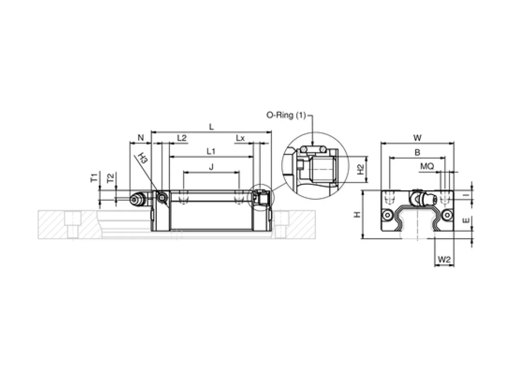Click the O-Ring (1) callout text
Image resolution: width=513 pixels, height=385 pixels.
pyautogui.click(x=286, y=115)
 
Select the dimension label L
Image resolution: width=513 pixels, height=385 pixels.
pyautogui.click(x=211, y=127)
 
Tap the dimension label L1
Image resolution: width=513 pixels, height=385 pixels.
pyautogui.click(x=211, y=151)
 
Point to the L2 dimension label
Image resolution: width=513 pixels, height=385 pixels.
pyautogui.click(x=182, y=138)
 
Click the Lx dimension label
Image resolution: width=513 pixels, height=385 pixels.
pyautogui.click(x=240, y=138)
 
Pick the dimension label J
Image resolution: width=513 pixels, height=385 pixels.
pyautogui.click(x=211, y=167)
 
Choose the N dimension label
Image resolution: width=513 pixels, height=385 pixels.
pyautogui.click(x=141, y=138)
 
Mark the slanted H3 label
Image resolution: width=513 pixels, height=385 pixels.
pyautogui.click(x=143, y=158)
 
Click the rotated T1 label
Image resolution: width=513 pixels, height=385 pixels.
pyautogui.click(x=94, y=178)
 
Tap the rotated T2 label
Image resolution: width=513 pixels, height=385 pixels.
pyautogui.click(x=110, y=178)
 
